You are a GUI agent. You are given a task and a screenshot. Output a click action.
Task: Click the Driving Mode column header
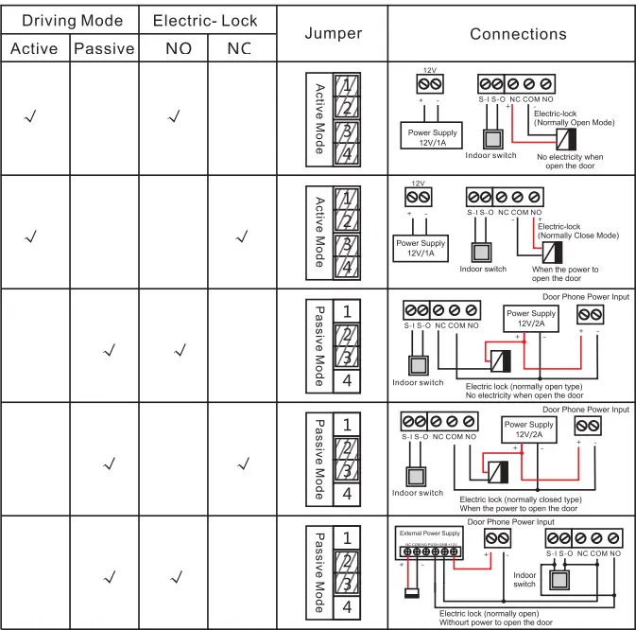(x=72, y=20)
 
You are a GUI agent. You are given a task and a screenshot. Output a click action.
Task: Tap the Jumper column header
(x=334, y=34)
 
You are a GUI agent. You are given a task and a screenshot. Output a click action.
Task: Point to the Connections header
(x=518, y=34)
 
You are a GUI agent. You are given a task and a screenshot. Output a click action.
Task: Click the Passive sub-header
(x=104, y=49)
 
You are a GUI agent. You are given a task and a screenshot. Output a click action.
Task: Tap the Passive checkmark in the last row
(x=109, y=576)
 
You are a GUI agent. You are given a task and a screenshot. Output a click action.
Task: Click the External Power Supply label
(x=429, y=534)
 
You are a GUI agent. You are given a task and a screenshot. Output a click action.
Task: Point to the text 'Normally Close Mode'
(x=577, y=236)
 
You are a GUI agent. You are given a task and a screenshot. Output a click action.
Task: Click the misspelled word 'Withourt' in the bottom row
(x=459, y=622)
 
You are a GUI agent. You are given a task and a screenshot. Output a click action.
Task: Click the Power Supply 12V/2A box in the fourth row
(x=528, y=430)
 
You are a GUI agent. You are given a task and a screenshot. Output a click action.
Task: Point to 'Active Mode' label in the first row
(x=319, y=118)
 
